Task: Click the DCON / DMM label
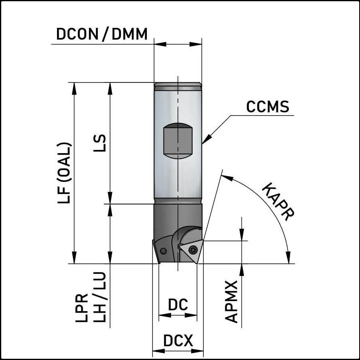[102, 34]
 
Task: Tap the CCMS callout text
[268, 107]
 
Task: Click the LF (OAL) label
[65, 173]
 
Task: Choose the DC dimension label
[178, 305]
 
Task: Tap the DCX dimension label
[178, 341]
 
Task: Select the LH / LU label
[100, 297]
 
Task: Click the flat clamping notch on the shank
[178, 141]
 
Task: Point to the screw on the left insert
[163, 251]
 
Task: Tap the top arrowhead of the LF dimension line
[74, 87]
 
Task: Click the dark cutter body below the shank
[178, 218]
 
